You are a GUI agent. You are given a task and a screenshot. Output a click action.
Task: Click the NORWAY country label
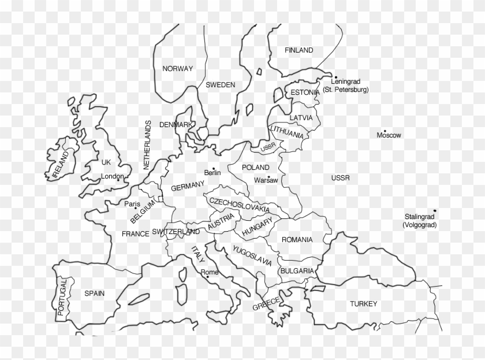coord(177,69)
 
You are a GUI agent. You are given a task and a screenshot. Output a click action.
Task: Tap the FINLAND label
coord(299,50)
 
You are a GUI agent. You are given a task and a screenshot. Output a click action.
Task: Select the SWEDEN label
coord(221,85)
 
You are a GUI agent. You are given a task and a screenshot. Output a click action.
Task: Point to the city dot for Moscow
coord(385,131)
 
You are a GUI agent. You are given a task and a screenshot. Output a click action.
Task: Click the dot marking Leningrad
coord(335,77)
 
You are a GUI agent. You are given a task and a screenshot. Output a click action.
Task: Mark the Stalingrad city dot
coord(435,211)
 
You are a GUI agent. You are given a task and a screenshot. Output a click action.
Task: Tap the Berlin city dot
coord(213,168)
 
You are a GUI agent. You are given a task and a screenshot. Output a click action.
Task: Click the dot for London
coord(118,180)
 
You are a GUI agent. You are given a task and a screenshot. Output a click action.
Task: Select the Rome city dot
coord(207,277)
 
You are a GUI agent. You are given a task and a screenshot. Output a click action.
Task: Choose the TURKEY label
coord(363,304)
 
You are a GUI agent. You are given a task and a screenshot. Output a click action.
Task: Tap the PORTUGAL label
coord(62,296)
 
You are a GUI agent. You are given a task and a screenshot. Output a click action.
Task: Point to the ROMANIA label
coord(297,239)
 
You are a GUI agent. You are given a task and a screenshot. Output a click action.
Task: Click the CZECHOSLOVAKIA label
coord(239,205)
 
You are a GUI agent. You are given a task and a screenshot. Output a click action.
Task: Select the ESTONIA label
coord(305,92)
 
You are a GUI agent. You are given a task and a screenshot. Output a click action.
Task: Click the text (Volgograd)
coord(420,225)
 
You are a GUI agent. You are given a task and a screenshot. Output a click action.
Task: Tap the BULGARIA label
coord(297,270)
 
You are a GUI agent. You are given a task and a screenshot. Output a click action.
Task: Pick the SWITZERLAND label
coord(176,232)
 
